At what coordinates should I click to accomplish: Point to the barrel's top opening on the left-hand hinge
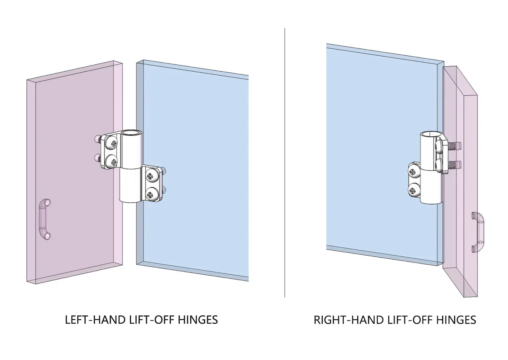(131, 133)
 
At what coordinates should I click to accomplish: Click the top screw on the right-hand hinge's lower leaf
(414, 172)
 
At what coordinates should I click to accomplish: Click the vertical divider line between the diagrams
(285, 162)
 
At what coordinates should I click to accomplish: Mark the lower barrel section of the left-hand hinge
(131, 185)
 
